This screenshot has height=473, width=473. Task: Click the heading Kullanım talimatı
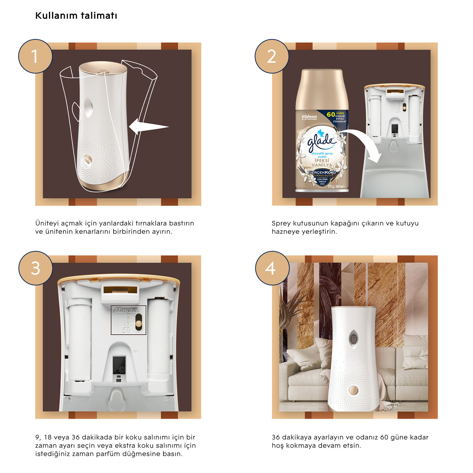(x=76, y=15)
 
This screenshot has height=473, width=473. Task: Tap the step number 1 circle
(x=35, y=56)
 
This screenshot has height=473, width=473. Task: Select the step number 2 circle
(x=271, y=56)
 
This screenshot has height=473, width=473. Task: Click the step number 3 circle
(x=36, y=268)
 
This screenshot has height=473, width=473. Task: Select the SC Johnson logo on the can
(x=309, y=117)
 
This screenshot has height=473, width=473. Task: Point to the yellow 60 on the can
(x=331, y=114)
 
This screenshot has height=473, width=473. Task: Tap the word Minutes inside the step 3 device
(x=128, y=310)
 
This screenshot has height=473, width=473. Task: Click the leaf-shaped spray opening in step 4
(x=353, y=339)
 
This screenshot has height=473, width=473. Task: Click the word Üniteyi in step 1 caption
(x=47, y=223)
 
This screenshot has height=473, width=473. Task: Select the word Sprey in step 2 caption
(x=281, y=223)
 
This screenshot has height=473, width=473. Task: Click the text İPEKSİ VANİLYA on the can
(x=322, y=163)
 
